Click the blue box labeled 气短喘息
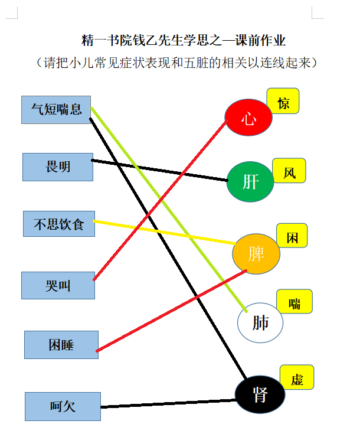56,110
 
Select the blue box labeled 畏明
58,167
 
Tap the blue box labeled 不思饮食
59,224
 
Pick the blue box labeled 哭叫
58,285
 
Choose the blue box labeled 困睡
61,345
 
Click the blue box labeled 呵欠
63,406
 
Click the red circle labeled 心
248,117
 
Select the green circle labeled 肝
250,182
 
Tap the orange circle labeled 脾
256,254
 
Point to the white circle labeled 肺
260,322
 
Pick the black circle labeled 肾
260,394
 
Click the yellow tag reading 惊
283,101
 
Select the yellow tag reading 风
289,171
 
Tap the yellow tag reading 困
292,236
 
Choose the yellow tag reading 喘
294,301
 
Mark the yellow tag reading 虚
297,377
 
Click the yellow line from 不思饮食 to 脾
164,232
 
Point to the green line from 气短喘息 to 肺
169,210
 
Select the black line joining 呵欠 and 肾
169,404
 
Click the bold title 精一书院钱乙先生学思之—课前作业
183,40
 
